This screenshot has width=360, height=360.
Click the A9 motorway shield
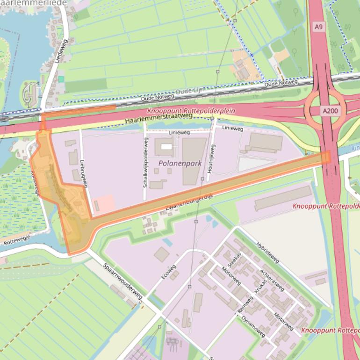[x=318, y=27]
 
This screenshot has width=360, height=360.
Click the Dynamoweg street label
[x=253, y=326]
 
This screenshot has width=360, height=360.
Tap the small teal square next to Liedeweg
[x=61, y=79]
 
